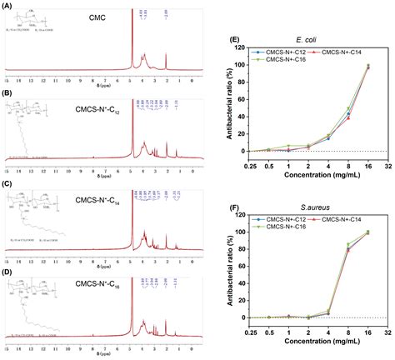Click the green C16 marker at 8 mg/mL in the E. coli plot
pyautogui.click(x=347, y=108)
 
